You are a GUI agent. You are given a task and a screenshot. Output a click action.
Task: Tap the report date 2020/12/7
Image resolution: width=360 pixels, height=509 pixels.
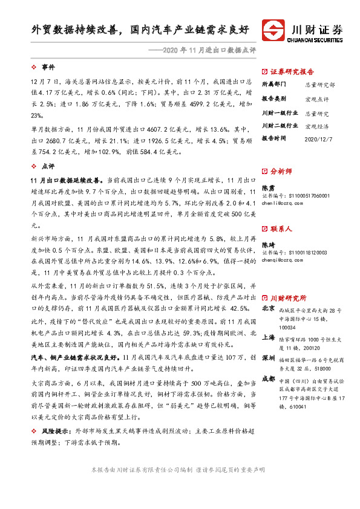tap(319, 138)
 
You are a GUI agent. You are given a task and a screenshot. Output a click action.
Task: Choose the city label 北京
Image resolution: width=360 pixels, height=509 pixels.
tap(267, 308)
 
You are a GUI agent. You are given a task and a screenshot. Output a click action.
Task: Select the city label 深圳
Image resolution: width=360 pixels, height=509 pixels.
tap(267, 357)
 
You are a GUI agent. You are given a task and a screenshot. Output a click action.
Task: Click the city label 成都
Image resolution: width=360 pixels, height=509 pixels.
tap(267, 378)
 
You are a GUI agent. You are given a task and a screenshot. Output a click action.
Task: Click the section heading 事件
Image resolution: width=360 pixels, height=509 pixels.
tap(47, 65)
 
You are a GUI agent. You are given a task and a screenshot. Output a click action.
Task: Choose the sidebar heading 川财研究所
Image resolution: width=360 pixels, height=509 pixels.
tap(288, 298)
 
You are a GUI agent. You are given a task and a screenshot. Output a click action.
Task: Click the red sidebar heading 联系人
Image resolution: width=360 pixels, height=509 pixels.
tap(281, 229)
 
